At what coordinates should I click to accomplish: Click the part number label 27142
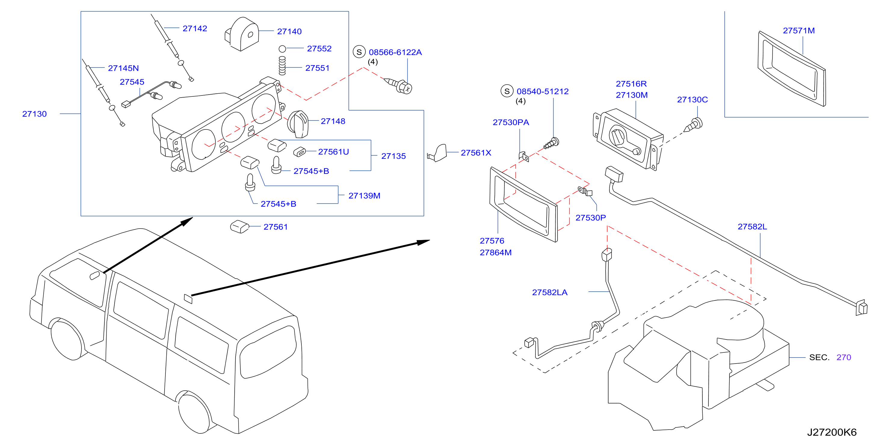point(195,28)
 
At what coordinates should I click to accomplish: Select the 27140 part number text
point(289,32)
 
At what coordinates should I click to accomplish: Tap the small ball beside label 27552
point(282,49)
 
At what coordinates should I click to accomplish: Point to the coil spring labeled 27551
point(282,66)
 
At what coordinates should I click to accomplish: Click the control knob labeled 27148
point(298,124)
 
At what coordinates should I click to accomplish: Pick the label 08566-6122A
point(395,52)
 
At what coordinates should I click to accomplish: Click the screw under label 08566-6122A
point(399,85)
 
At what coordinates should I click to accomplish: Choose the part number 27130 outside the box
point(34,114)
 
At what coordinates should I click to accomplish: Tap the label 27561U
point(333,152)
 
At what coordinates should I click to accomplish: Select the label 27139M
point(364,195)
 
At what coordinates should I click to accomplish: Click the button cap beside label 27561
point(239,227)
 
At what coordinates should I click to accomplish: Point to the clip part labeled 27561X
point(437,153)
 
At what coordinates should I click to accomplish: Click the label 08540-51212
point(542,91)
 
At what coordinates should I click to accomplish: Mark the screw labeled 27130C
point(693,125)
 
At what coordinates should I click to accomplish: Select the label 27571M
point(799,30)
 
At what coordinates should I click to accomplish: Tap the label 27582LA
point(550,292)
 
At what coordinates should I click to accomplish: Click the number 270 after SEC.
point(843,357)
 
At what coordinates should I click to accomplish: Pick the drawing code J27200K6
point(831,433)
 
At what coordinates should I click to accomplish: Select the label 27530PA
point(511,122)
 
